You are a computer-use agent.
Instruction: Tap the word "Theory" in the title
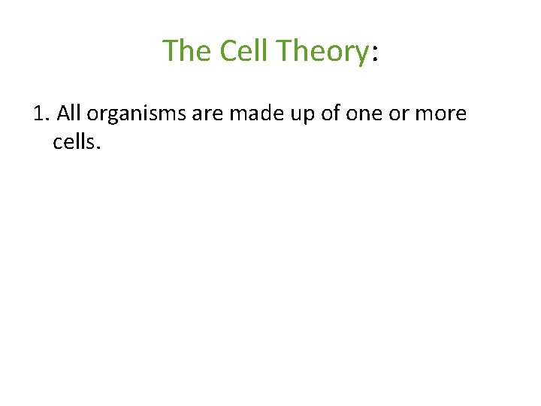(322, 51)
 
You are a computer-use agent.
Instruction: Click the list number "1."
(41, 114)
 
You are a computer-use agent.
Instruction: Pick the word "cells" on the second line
(73, 141)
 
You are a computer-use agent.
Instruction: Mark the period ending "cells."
(98, 147)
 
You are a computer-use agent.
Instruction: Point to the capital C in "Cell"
(228, 51)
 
